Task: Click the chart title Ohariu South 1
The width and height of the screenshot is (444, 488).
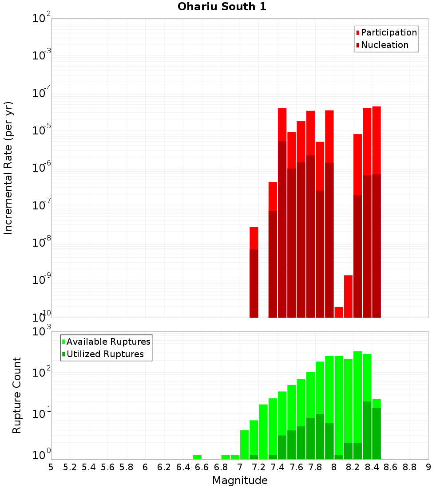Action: click(x=222, y=7)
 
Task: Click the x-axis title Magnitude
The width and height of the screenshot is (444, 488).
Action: click(x=240, y=480)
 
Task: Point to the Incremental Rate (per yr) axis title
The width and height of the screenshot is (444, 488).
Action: click(x=8, y=168)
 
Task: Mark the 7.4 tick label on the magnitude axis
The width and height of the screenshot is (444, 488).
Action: click(x=277, y=467)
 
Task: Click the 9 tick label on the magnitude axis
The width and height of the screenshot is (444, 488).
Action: click(x=428, y=467)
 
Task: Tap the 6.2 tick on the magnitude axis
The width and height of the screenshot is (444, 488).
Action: click(x=164, y=467)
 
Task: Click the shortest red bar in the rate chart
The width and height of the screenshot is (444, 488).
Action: click(x=339, y=312)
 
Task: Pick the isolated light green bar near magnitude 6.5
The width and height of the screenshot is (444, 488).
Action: click(x=197, y=457)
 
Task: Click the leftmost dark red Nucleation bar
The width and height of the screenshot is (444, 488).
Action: click(x=254, y=284)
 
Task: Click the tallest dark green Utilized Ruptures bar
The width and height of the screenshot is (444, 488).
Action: click(x=367, y=430)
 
